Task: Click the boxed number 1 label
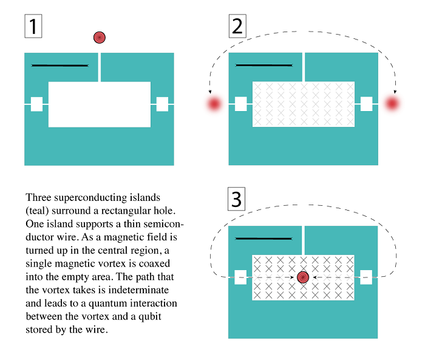[33, 25]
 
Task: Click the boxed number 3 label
[237, 200]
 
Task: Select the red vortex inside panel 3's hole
[303, 277]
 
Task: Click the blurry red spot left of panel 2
[214, 104]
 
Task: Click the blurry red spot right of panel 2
[393, 104]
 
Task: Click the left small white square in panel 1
[36, 104]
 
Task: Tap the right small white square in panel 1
[162, 104]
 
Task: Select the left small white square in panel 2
[240, 104]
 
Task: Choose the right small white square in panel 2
[366, 104]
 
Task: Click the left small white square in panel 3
[240, 277]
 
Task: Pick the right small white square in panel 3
[366, 277]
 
